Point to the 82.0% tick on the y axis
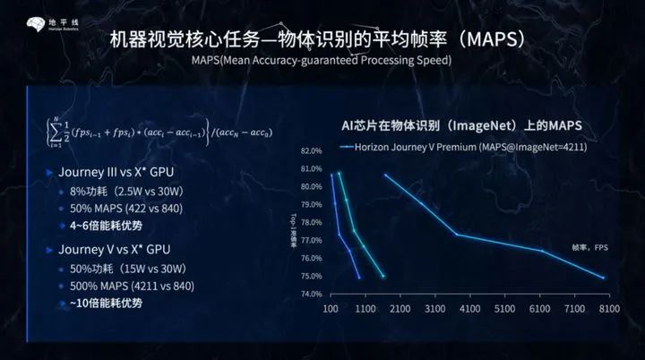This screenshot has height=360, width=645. (x=311, y=150)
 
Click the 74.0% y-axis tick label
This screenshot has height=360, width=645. (x=311, y=294)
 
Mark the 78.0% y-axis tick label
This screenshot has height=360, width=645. (x=311, y=222)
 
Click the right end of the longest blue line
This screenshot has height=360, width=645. (x=605, y=278)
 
